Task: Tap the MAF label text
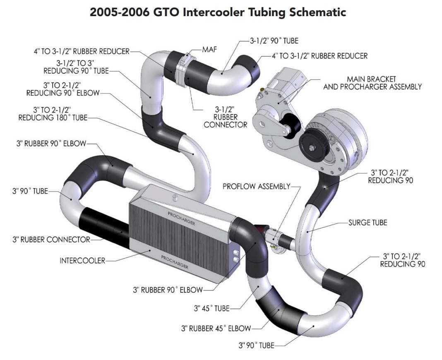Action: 209,49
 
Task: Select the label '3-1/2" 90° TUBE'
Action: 274,41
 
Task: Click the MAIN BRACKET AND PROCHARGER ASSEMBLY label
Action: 372,83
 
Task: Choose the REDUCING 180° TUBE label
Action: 53,118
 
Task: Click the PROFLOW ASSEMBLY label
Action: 256,186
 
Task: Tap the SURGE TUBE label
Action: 368,223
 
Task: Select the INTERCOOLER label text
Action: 82,261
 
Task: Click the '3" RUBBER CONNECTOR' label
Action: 51,239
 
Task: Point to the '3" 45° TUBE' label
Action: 211,308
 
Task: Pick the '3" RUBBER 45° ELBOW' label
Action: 216,329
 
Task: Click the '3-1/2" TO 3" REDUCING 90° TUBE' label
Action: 76,67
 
